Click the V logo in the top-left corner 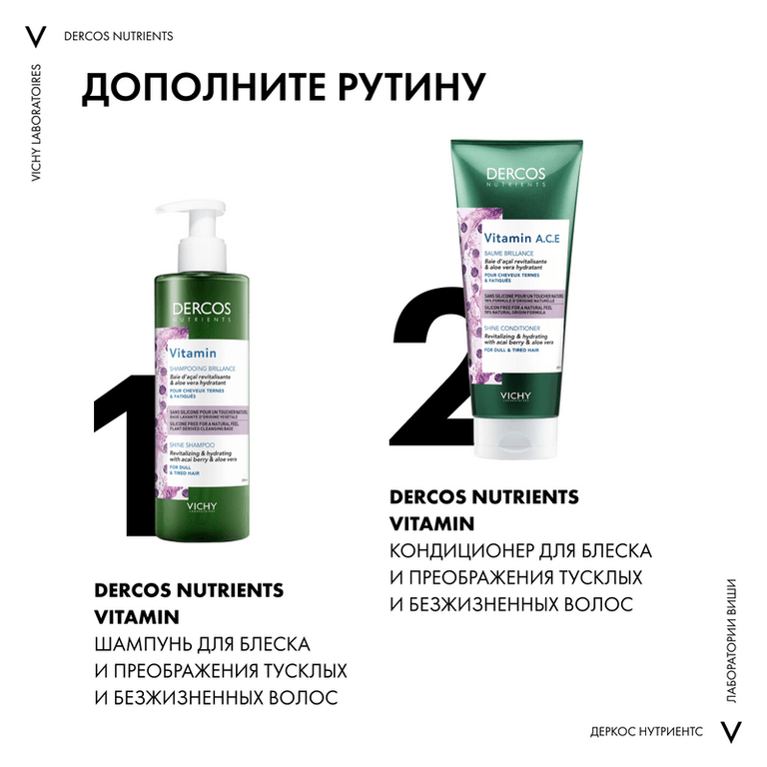click(36, 36)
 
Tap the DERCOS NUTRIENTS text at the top click(118, 36)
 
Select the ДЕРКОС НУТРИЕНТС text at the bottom click(646, 731)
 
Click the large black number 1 click(124, 469)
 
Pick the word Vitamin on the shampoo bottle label click(189, 353)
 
